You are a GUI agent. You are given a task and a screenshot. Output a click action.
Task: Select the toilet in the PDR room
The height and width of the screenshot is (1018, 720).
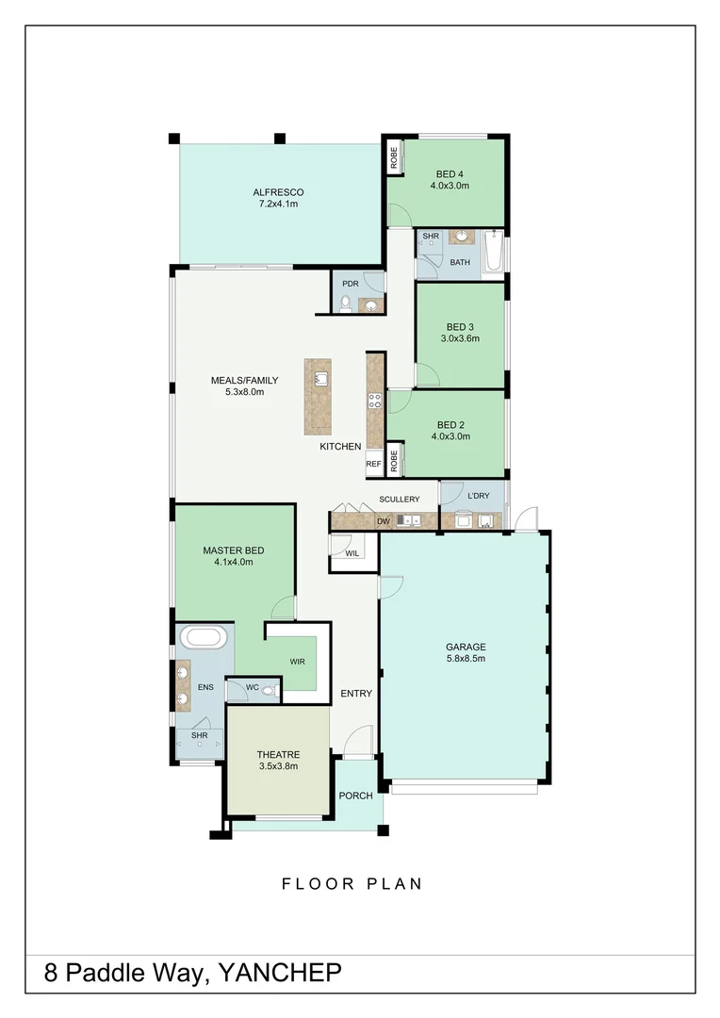coord(346,304)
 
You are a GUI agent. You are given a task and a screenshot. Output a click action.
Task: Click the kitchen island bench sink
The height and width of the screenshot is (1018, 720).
coord(320,379)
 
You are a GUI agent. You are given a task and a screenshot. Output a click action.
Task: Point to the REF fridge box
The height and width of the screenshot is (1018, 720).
coord(373,464)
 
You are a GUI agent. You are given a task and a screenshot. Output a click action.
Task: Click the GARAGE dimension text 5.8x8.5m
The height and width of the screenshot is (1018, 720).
coord(466,660)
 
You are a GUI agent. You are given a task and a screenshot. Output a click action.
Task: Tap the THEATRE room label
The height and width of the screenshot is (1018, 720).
coord(278,754)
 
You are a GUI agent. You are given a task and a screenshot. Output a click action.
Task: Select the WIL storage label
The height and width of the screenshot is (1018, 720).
coord(352,553)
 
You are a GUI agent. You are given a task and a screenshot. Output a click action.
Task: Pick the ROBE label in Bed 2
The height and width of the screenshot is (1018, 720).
coord(394,460)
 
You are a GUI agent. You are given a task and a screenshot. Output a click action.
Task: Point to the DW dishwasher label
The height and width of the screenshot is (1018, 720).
coord(383,520)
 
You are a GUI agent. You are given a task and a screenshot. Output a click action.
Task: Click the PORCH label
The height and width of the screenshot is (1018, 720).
coord(355,796)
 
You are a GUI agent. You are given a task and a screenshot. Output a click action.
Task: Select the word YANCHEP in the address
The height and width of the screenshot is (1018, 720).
coord(280,974)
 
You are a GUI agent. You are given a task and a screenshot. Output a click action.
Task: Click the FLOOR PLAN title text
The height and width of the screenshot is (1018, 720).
coord(352,884)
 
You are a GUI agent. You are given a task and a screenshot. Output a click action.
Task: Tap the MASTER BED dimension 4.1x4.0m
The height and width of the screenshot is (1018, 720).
coord(233,563)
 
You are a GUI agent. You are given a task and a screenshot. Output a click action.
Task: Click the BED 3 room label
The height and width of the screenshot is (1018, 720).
coord(460,326)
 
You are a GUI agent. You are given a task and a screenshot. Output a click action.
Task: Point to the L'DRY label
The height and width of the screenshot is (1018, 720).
coord(480,495)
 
